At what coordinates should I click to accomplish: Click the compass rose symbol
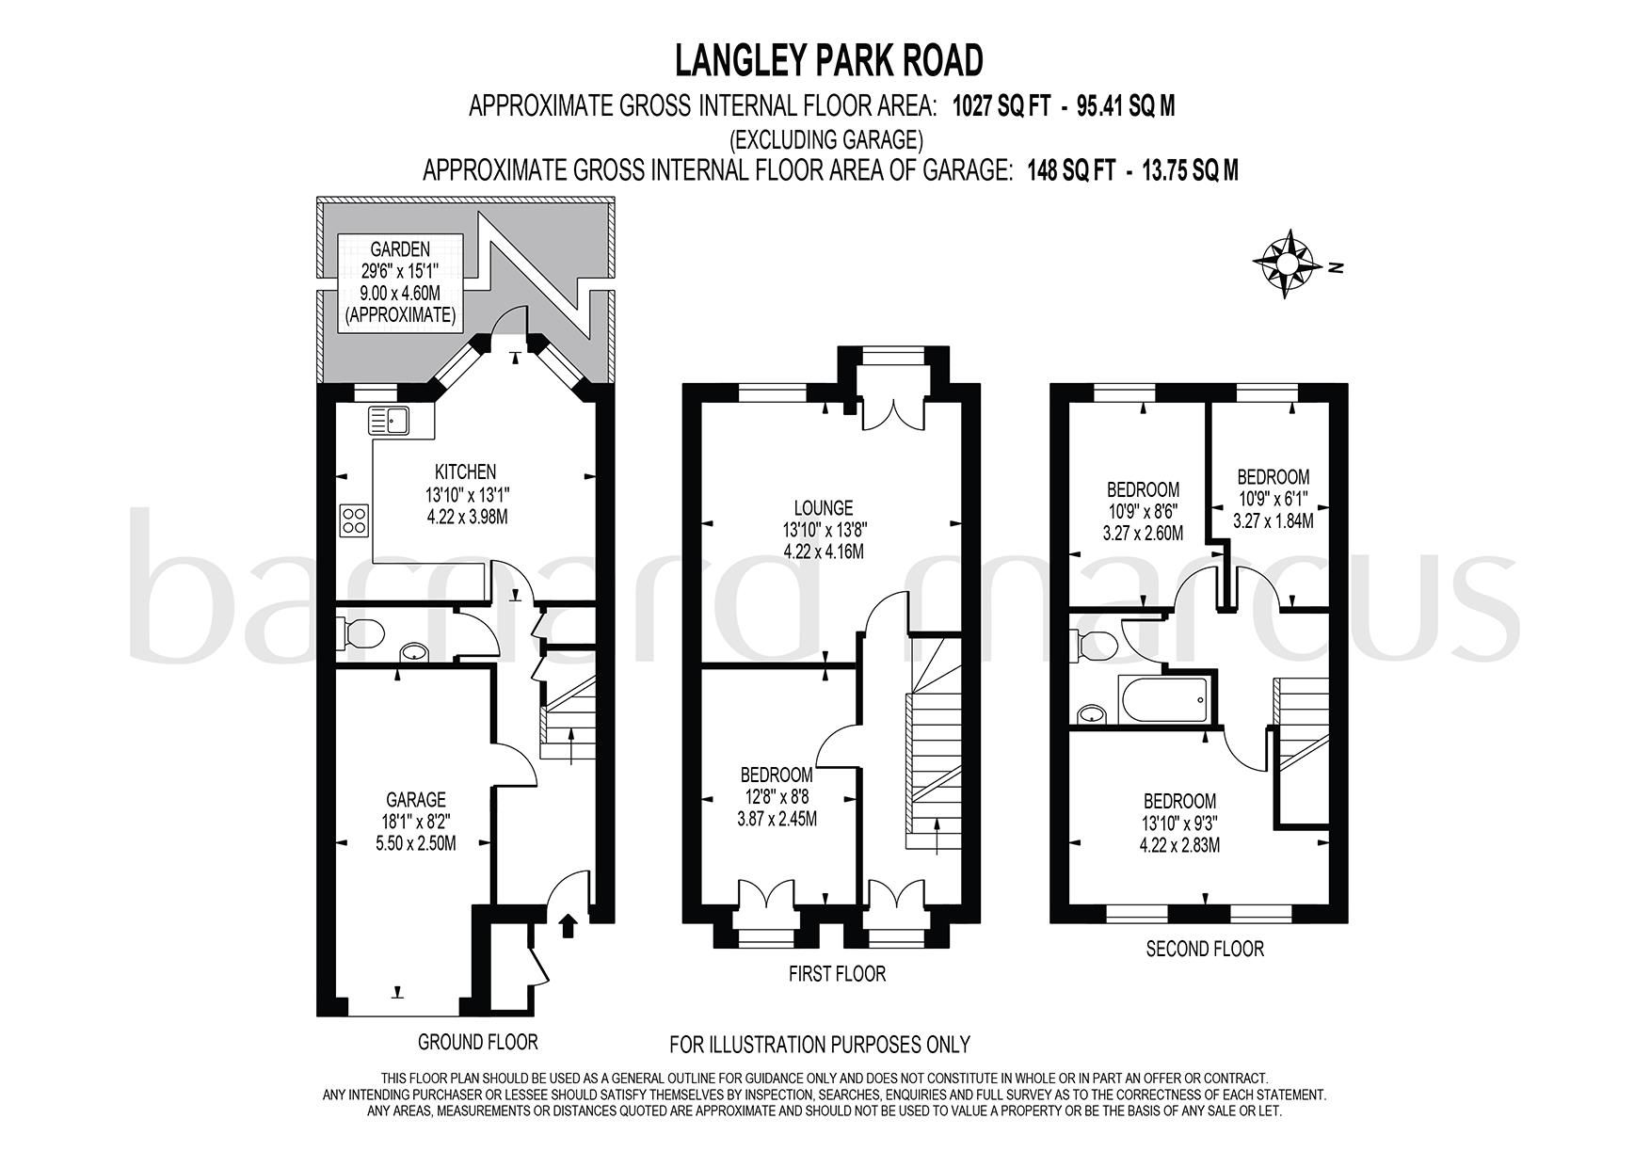(1285, 263)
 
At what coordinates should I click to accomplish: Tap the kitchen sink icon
(389, 419)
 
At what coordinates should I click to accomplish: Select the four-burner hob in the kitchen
(355, 521)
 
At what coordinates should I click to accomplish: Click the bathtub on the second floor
(1163, 699)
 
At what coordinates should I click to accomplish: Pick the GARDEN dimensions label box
(400, 281)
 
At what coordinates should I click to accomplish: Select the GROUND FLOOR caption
(477, 1042)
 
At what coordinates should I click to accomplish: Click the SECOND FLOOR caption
(1204, 949)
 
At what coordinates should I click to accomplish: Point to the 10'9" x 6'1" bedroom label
(1273, 499)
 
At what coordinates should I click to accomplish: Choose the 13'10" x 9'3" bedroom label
(1179, 823)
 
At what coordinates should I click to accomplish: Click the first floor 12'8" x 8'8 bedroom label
(777, 796)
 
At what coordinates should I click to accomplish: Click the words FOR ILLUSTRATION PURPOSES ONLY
(819, 1044)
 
